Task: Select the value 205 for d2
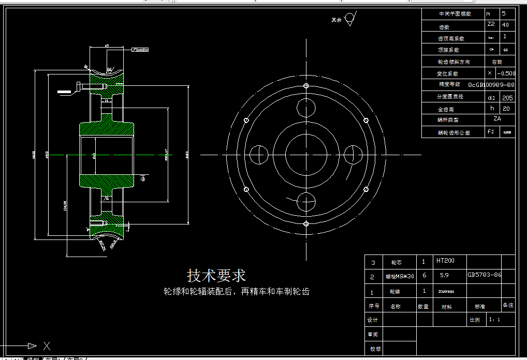click(507, 97)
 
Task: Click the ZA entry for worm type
click(497, 118)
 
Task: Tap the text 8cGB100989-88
click(491, 84)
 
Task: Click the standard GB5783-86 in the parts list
click(484, 275)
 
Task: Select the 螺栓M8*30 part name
click(400, 277)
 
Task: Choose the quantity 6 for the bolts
click(424, 275)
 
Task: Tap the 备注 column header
click(508, 305)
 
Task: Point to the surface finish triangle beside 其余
click(350, 19)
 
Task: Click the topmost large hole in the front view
click(306, 107)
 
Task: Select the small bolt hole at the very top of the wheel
click(306, 85)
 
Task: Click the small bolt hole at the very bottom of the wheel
click(306, 223)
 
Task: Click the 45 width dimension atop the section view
click(107, 46)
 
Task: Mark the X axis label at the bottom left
click(47, 346)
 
